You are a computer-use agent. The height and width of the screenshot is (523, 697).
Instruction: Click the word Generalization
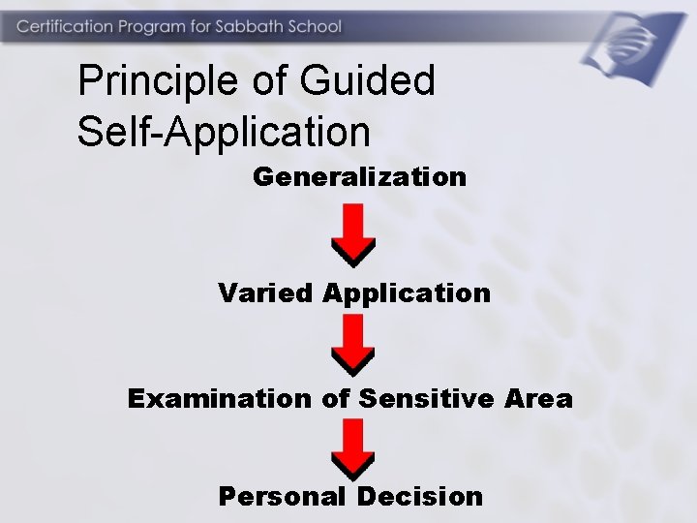click(x=359, y=177)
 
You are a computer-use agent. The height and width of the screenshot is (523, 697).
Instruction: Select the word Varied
click(x=266, y=292)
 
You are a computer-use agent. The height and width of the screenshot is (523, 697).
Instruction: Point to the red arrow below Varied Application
click(x=353, y=345)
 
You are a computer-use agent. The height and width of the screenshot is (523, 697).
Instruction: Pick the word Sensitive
click(x=428, y=398)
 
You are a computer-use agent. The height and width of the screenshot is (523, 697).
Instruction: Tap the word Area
click(x=539, y=398)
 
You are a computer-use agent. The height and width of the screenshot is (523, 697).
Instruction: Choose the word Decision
click(x=419, y=497)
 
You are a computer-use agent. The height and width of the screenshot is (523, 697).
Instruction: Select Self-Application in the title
click(x=224, y=132)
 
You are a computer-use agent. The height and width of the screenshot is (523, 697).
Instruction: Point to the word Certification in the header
click(x=63, y=26)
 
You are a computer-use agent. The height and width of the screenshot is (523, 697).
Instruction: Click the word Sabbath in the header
click(x=248, y=26)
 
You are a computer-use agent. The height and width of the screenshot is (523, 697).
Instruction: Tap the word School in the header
click(x=314, y=26)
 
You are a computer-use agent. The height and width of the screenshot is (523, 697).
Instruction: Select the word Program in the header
click(x=150, y=26)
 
